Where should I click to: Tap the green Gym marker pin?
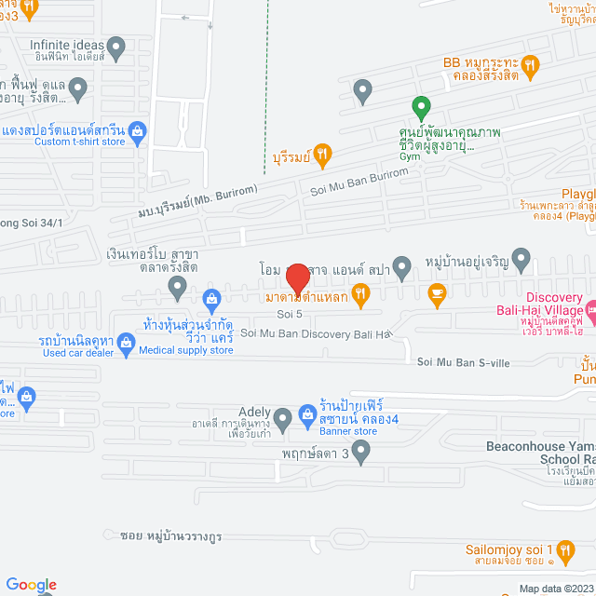pos(421,107)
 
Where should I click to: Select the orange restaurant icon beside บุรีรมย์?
pos(322,155)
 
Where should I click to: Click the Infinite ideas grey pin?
pos(116,46)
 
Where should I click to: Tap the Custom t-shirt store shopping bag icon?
pos(138,130)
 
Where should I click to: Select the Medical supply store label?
pos(186,350)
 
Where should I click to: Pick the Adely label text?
pos(254,413)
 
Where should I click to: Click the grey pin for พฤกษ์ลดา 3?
pos(363,454)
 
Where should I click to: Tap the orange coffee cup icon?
pos(436,295)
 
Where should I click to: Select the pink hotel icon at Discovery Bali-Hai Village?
pos(590,308)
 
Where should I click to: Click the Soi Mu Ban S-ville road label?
pos(463,362)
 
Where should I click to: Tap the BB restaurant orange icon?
pos(530,64)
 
